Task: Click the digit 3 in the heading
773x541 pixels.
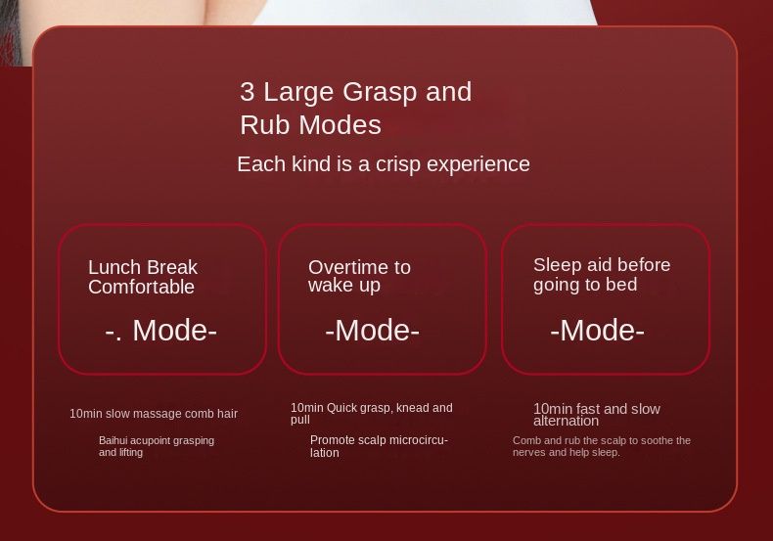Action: pyautogui.click(x=247, y=92)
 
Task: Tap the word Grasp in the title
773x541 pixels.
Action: pyautogui.click(x=380, y=93)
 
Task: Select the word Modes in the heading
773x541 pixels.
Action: pyautogui.click(x=341, y=124)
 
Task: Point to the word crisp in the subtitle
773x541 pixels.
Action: pyautogui.click(x=398, y=165)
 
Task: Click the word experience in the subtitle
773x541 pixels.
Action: pyautogui.click(x=478, y=165)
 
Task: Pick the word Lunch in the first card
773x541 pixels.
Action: pyautogui.click(x=114, y=267)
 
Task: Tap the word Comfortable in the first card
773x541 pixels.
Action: pyautogui.click(x=142, y=288)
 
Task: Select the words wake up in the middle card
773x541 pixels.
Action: pyautogui.click(x=344, y=286)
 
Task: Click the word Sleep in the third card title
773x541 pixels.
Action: pyautogui.click(x=557, y=265)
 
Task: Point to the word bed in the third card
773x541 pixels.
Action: pyautogui.click(x=622, y=285)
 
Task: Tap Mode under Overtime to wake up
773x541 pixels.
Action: pyautogui.click(x=372, y=330)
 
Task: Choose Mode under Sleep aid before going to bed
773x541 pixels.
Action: pyautogui.click(x=597, y=330)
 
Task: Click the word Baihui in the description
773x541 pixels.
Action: pyautogui.click(x=113, y=440)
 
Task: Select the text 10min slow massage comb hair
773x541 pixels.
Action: pyautogui.click(x=154, y=414)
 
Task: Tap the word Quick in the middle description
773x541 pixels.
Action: pyautogui.click(x=342, y=408)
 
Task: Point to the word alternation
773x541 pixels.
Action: pyautogui.click(x=566, y=421)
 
